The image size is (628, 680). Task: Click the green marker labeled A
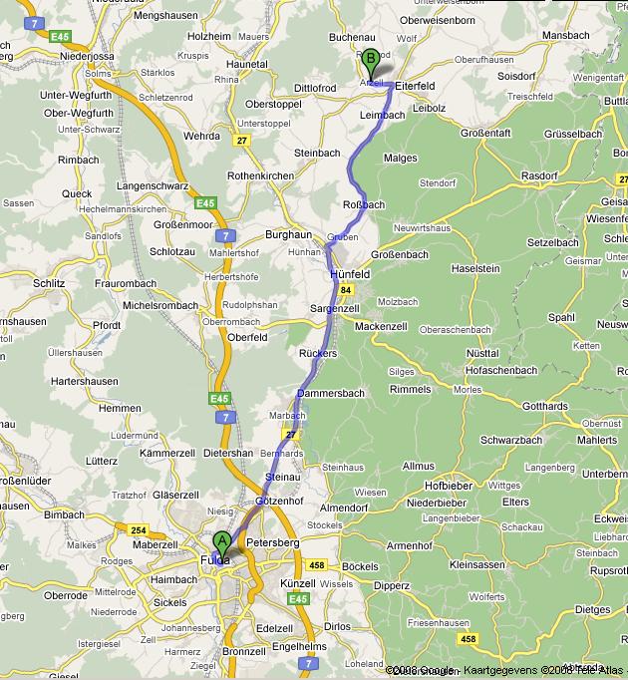pos(221,542)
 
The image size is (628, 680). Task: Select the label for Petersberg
pos(272,542)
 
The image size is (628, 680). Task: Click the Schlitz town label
pos(48,283)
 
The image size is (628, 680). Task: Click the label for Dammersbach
pos(330,393)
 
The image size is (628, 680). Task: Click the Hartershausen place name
pos(84,381)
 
